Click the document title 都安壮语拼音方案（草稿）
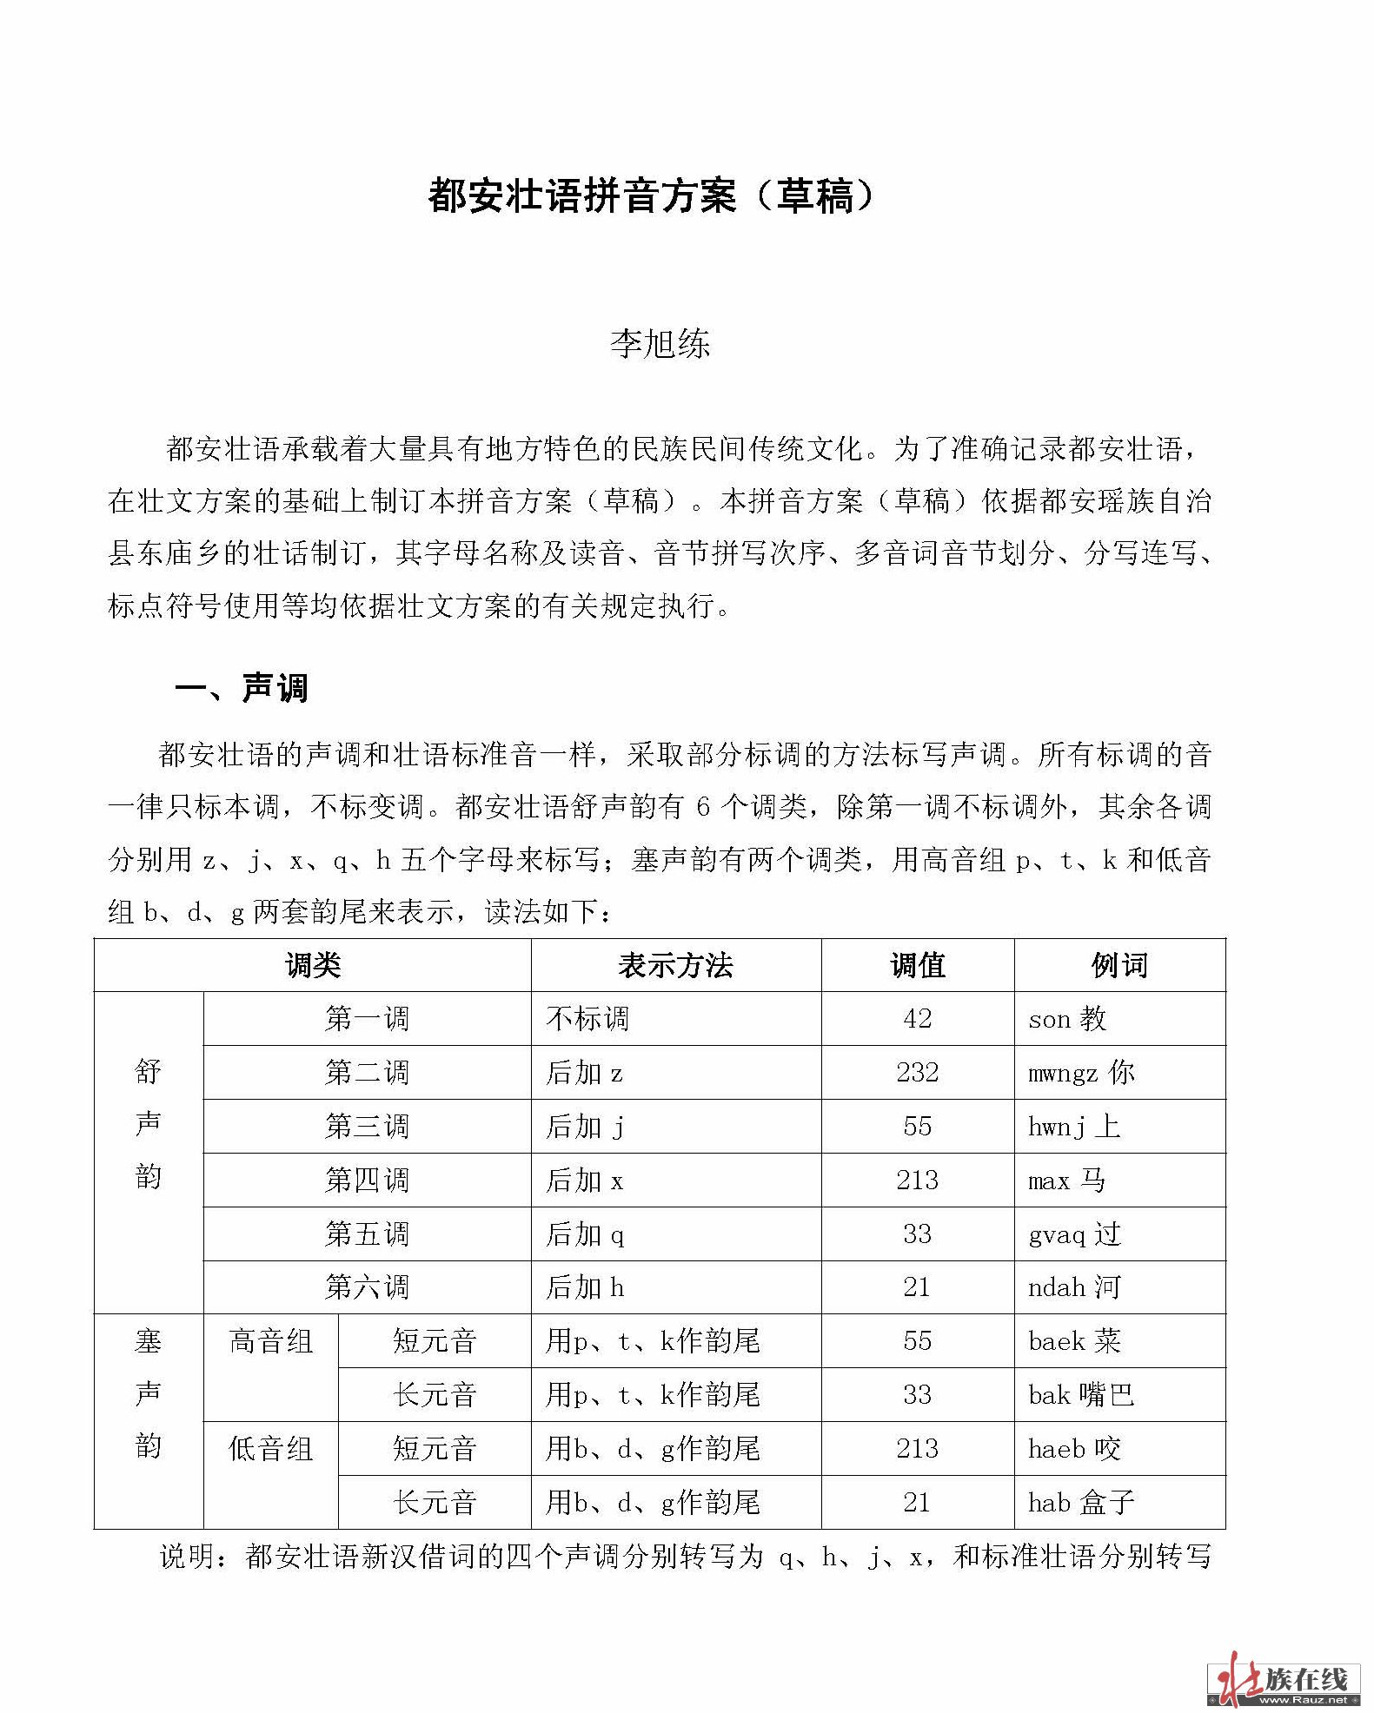tap(652, 196)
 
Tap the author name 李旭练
tap(660, 344)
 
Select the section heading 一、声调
tap(242, 688)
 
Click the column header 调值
tap(917, 965)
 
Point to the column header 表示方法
tap(675, 965)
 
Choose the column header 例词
tap(1119, 965)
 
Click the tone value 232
tap(917, 1073)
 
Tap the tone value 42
tap(917, 1018)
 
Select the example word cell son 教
tap(1067, 1019)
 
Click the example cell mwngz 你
tap(1081, 1073)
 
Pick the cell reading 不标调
tap(587, 1019)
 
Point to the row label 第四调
tap(367, 1181)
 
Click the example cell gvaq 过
tap(1074, 1234)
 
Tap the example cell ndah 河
tap(1074, 1287)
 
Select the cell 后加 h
tap(585, 1287)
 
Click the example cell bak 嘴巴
tap(1081, 1395)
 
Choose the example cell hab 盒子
tap(1081, 1502)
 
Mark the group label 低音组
tap(270, 1449)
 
